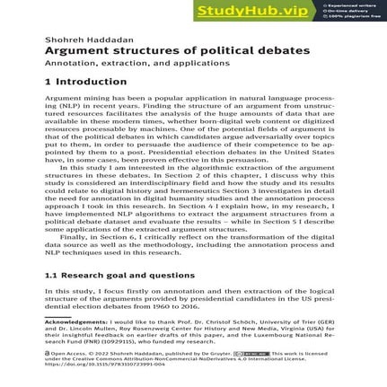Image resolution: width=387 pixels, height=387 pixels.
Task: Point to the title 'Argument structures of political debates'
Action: (177, 51)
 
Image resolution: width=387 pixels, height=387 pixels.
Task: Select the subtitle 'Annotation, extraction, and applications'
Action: (136, 64)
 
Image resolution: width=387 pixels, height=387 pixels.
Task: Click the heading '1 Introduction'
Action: (85, 83)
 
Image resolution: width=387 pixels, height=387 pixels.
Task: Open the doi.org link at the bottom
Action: (105, 365)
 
